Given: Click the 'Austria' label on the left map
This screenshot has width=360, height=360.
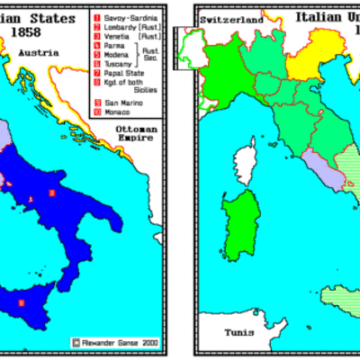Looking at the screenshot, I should (41, 52).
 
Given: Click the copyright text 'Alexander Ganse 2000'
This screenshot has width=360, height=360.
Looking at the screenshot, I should (116, 342).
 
